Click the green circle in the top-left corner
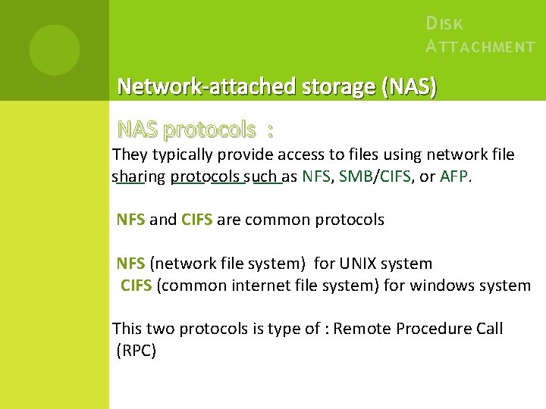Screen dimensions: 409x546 [x=55, y=50]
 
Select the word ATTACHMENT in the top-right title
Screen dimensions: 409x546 [x=480, y=47]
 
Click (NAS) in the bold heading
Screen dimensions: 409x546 [x=410, y=87]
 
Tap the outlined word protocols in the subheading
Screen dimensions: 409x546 [x=209, y=130]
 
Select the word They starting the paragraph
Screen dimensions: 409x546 [x=130, y=155]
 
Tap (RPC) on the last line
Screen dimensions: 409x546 [x=136, y=351]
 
